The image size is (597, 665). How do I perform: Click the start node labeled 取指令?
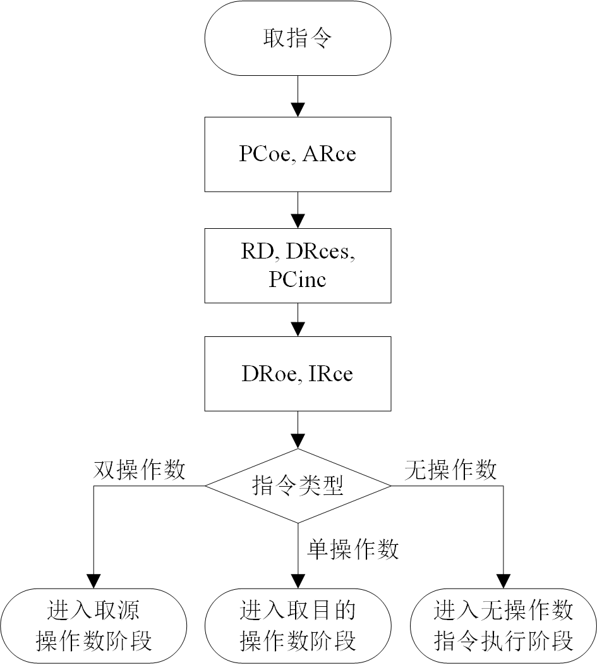(x=298, y=39)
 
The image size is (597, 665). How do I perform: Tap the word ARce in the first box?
(x=329, y=154)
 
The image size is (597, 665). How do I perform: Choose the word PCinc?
(x=298, y=279)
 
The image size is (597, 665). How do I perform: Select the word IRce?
(x=331, y=374)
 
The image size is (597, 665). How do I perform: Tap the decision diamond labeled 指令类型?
(x=298, y=486)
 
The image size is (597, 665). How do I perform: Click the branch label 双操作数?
(x=139, y=470)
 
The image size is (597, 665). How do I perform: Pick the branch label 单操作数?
(x=353, y=549)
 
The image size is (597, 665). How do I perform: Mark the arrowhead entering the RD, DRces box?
(x=298, y=221)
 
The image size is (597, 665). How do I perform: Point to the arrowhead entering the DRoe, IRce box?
(x=298, y=329)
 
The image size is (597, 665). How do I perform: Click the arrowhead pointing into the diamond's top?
(x=298, y=442)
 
